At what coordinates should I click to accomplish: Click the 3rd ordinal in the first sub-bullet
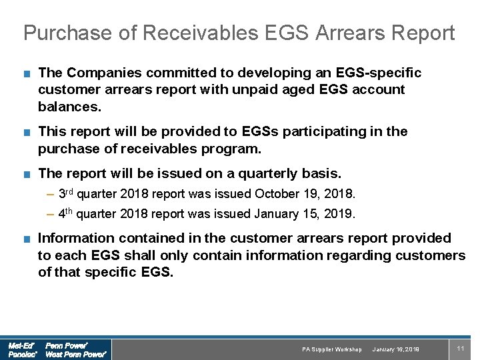point(65,193)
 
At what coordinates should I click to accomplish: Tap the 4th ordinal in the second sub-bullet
point(65,213)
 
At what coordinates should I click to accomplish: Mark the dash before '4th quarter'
point(51,215)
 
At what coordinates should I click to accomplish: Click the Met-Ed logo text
point(21,345)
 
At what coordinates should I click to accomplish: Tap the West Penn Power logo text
point(75,355)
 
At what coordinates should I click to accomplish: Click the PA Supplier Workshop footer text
point(331,349)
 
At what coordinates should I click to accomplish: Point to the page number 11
point(460,348)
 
